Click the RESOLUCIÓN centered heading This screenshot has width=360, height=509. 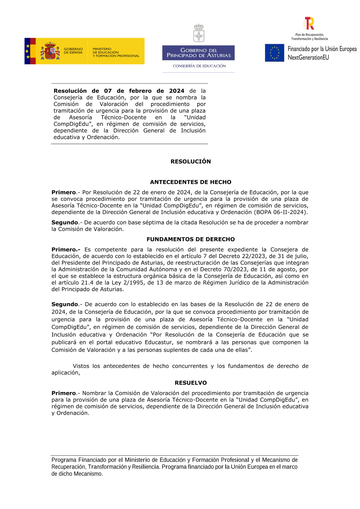tap(190, 162)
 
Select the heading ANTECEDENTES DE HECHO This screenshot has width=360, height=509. tap(190, 182)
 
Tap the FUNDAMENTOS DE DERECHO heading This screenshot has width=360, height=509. tap(190, 239)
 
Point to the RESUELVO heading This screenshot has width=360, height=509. tap(190, 383)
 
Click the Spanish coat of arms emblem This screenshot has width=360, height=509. tap(50, 51)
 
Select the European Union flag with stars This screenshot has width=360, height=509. tap(274, 53)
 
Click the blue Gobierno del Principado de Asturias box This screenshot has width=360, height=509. tap(198, 53)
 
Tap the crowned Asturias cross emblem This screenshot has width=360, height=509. tap(199, 33)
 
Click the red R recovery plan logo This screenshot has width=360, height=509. tap(309, 23)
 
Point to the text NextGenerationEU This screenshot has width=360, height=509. tap(308, 58)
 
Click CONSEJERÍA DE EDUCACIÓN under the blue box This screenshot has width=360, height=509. tap(199, 66)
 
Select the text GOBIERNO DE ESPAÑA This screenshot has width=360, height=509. tap(73, 51)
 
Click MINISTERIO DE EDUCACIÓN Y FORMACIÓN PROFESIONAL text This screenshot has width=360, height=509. tap(116, 53)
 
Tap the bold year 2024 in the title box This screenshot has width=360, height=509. tap(176, 91)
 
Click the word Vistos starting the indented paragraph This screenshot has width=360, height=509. tap(81, 366)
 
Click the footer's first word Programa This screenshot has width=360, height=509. tap(64, 460)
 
